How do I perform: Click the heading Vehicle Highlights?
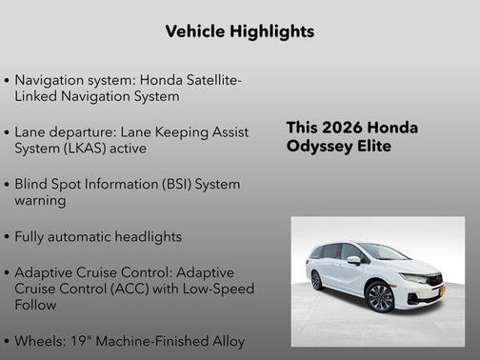click(x=239, y=31)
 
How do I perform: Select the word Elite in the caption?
click(x=371, y=147)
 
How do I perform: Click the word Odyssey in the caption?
click(x=316, y=147)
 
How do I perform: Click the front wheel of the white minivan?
click(x=381, y=296)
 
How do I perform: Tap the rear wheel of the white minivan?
click(x=316, y=280)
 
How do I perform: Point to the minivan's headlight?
click(x=414, y=278)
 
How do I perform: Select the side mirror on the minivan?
click(x=354, y=260)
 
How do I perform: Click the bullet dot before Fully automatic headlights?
click(x=8, y=236)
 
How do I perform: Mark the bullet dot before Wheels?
click(x=8, y=341)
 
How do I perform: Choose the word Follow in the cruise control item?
click(x=35, y=305)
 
